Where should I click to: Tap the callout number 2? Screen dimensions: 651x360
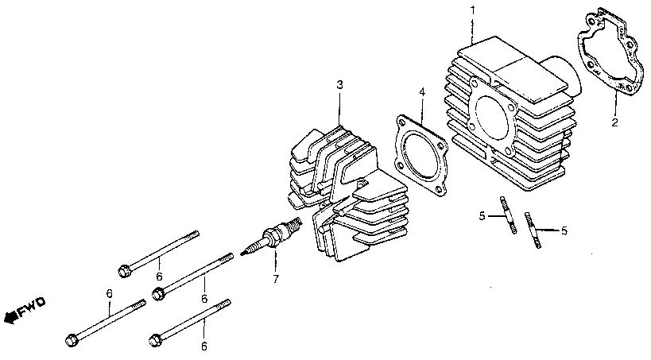(x=614, y=122)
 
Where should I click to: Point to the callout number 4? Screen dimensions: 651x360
(x=422, y=93)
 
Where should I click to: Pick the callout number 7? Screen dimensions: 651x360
(x=276, y=279)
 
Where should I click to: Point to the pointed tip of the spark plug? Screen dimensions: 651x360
(x=247, y=253)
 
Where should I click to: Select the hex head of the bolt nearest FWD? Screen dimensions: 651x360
(x=70, y=342)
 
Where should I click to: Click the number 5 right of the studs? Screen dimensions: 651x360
(x=564, y=231)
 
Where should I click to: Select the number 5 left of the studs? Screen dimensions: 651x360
(x=481, y=215)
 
